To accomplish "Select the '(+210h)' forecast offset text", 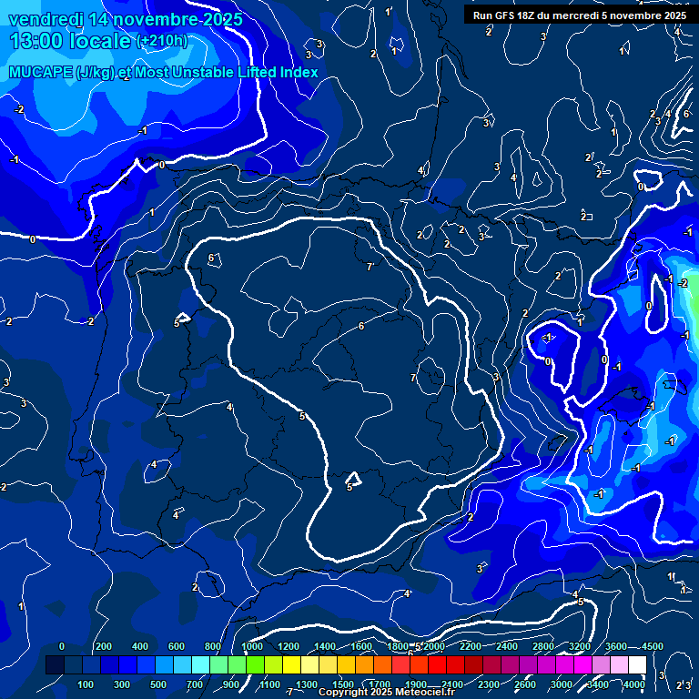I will coord(162,41).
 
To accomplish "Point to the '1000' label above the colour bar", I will coord(252,646).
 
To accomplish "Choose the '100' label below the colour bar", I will coord(86,684).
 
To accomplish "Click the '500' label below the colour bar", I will coord(158,684).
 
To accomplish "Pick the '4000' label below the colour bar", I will coord(634,684).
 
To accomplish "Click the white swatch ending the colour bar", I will coord(637,665).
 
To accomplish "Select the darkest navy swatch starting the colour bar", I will coord(55,665).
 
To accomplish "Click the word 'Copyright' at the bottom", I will coord(343,693).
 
